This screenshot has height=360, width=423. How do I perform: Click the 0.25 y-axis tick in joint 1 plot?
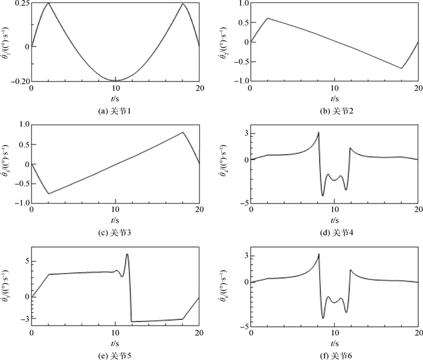click(x=21, y=4)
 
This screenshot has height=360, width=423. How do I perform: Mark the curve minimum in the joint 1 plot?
click(x=115, y=80)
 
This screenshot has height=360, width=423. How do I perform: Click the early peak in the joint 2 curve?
click(x=268, y=18)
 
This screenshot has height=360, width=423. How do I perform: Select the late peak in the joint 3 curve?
click(x=182, y=132)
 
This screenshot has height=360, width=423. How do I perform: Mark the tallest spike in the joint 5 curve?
click(x=127, y=254)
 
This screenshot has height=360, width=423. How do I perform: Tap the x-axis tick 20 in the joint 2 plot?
click(x=418, y=88)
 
